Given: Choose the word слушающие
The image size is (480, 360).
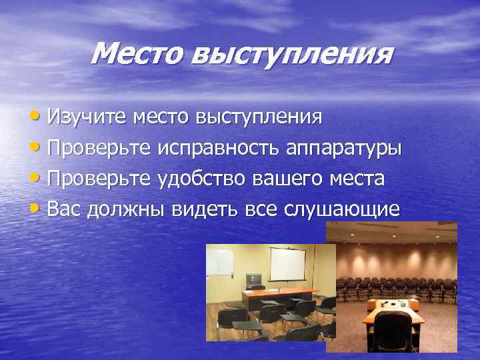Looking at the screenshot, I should coord(343,210).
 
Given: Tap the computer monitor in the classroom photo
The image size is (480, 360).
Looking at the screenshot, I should coord(253,280).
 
